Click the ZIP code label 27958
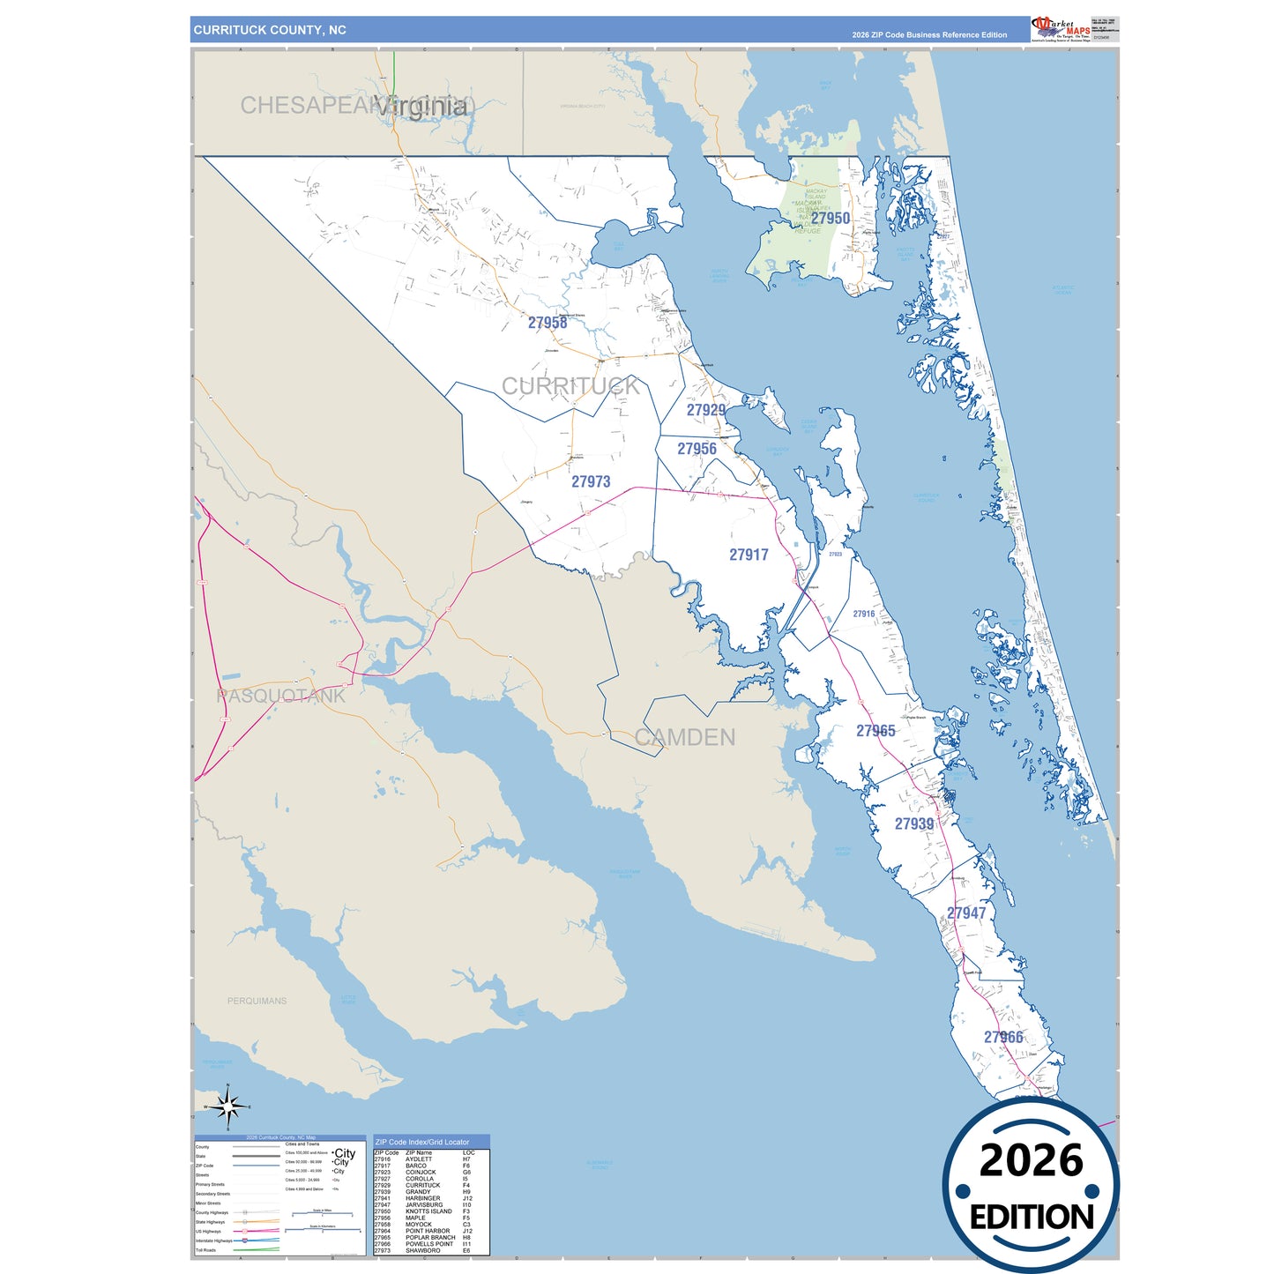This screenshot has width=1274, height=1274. click(x=548, y=323)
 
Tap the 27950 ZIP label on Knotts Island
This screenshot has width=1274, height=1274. click(x=831, y=219)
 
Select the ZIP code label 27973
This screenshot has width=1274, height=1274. click(x=591, y=481)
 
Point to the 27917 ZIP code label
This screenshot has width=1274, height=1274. click(x=749, y=555)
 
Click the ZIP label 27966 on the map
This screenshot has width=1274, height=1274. click(x=1003, y=1037)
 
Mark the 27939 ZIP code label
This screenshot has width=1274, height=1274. click(x=914, y=823)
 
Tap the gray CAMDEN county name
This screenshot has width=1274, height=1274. click(x=685, y=737)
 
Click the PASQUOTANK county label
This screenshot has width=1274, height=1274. click(x=281, y=696)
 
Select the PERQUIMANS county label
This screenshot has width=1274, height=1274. click(x=257, y=1001)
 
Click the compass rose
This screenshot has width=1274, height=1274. click(x=227, y=1106)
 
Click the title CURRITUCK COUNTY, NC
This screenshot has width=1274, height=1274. click(x=270, y=30)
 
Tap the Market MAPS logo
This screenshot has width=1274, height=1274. click(x=1061, y=28)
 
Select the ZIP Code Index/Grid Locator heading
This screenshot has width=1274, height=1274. click(x=422, y=1142)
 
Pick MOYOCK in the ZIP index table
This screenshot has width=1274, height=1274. click(x=419, y=1225)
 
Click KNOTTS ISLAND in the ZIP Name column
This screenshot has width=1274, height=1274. click(x=428, y=1211)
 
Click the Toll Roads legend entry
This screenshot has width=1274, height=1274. click(x=205, y=1250)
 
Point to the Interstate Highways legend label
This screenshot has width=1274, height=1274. click(x=214, y=1240)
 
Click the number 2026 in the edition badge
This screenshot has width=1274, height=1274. click(x=1031, y=1160)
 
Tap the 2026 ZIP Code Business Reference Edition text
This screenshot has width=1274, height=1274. click(x=929, y=35)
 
